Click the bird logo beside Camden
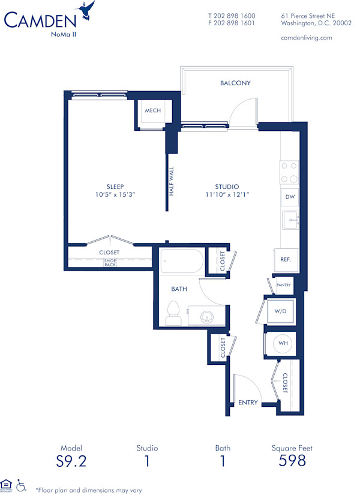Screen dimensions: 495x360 point(87,11)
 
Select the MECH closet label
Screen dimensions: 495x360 point(152,110)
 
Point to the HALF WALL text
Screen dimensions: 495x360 point(172,181)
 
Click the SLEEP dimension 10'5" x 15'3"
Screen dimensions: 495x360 point(112,195)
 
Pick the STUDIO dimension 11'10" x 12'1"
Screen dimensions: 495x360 point(227,195)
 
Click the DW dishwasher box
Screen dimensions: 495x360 point(289,197)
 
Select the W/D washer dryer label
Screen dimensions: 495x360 point(280,311)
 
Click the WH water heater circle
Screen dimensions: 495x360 point(283,344)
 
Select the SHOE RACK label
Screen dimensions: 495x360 point(110,263)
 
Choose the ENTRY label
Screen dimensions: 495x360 point(248,402)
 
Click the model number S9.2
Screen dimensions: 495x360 point(71,461)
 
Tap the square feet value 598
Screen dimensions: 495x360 point(292,461)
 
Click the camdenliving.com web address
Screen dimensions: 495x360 point(306,37)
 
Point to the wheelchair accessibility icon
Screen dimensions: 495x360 point(22,485)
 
